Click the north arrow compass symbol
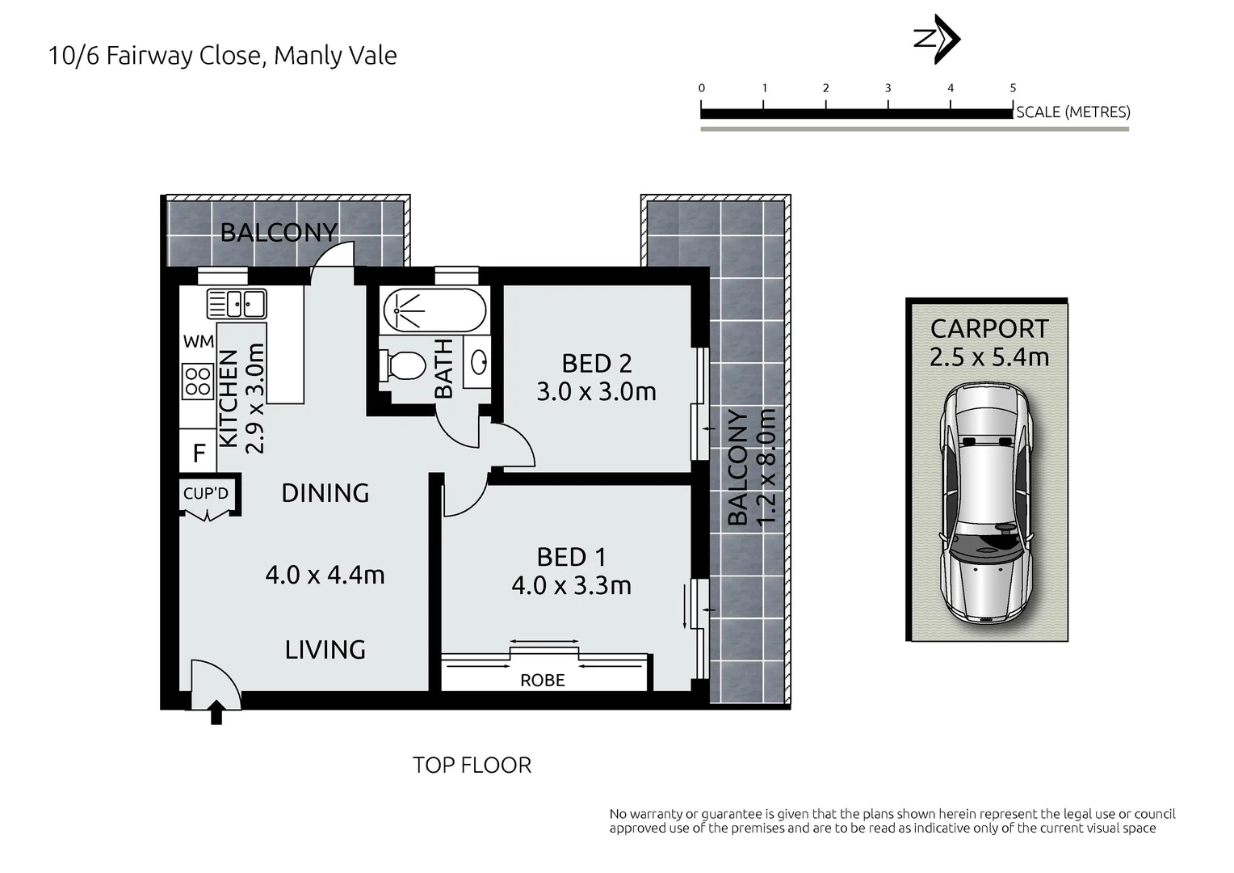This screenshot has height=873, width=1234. click(x=937, y=39)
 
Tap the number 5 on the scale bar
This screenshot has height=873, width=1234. click(x=1013, y=87)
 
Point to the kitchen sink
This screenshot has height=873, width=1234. click(x=237, y=304)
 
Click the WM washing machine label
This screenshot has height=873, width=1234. click(x=199, y=342)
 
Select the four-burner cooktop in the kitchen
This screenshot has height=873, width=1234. click(x=197, y=381)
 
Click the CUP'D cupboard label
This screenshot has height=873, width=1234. click(x=205, y=493)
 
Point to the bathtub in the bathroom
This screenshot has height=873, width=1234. click(x=434, y=310)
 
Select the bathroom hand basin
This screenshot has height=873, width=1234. click(x=477, y=362)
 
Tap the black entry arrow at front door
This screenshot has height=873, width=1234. click(x=216, y=712)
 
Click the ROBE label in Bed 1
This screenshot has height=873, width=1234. click(x=543, y=681)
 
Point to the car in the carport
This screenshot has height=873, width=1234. click(x=986, y=504)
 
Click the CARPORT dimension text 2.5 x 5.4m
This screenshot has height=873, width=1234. click(x=989, y=356)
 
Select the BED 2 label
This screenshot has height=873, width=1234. click(x=597, y=364)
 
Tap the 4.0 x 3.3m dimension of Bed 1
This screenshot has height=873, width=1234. click(x=571, y=586)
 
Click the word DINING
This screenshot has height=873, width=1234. click(x=325, y=493)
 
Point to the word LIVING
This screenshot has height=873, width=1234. click(x=325, y=650)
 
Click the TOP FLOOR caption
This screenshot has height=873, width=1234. click(x=472, y=765)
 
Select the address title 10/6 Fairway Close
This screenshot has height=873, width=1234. click(x=154, y=56)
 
